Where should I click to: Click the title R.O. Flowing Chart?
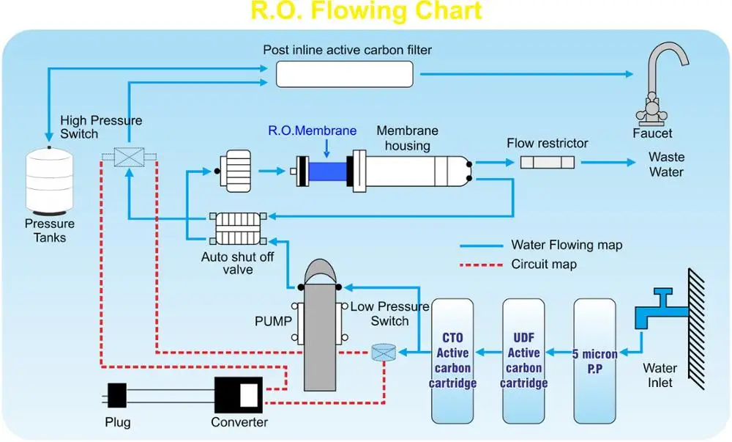pyautogui.click(x=366, y=11)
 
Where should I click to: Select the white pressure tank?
pyautogui.click(x=50, y=180)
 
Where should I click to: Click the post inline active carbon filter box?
pyautogui.click(x=344, y=74)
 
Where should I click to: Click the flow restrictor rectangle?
pyautogui.click(x=548, y=162)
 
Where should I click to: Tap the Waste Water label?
pyautogui.click(x=666, y=164)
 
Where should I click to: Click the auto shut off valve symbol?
pyautogui.click(x=236, y=229)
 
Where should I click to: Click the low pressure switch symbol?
pyautogui.click(x=383, y=353)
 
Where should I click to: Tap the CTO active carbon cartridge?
pyautogui.click(x=452, y=359)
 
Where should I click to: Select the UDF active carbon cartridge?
pyautogui.click(x=523, y=359)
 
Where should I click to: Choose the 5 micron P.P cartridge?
pyautogui.click(x=594, y=359)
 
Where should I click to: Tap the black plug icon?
pyautogui.click(x=117, y=396)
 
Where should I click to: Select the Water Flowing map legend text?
pyautogui.click(x=567, y=245)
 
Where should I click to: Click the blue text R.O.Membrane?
pyautogui.click(x=312, y=131)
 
